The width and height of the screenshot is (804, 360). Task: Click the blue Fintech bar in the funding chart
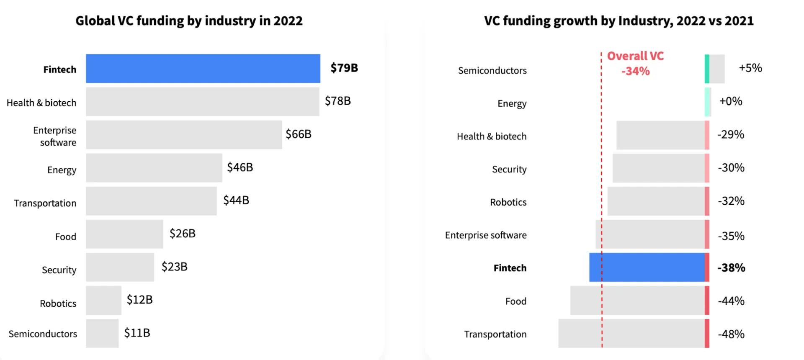[203, 69]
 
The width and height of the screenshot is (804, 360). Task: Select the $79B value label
[344, 68]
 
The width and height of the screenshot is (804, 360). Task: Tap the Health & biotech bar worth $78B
[203, 102]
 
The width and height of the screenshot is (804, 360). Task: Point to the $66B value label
[299, 134]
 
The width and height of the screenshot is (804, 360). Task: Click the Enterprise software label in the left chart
[55, 136]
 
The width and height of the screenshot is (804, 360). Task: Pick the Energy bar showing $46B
[154, 168]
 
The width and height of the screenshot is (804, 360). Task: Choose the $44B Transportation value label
[236, 201]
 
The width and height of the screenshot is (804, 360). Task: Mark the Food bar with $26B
[124, 234]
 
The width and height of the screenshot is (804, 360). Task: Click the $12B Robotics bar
[103, 300]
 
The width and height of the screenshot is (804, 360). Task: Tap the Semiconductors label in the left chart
[43, 334]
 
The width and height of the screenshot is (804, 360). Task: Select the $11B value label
[137, 333]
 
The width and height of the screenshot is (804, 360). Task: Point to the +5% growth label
[750, 68]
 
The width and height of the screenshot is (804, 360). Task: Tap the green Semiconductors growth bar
[707, 69]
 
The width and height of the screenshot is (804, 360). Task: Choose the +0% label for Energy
[731, 101]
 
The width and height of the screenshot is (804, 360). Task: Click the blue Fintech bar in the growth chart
[647, 267]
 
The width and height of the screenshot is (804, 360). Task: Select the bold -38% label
[731, 268]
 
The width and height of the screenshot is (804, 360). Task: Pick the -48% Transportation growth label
[731, 334]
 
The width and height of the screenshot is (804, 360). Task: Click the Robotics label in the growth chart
[508, 202]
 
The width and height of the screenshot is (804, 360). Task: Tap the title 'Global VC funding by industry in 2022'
[189, 21]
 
